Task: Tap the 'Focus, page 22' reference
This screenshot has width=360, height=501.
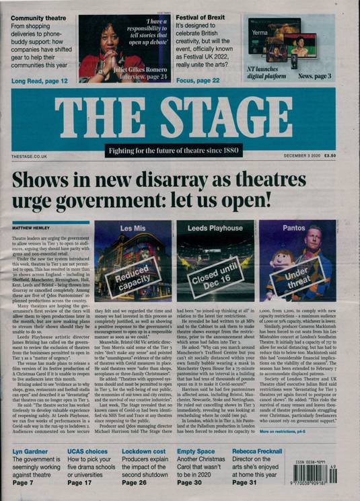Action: pyautogui.click(x=199, y=81)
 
